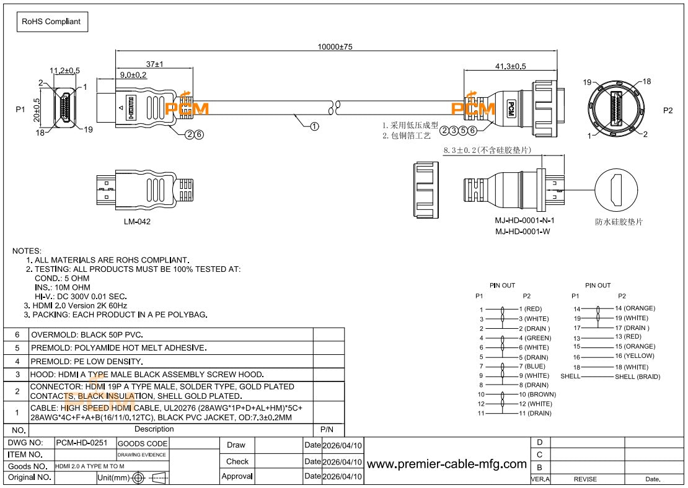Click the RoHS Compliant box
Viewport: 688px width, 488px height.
tap(52, 22)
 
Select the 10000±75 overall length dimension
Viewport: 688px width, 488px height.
tap(335, 46)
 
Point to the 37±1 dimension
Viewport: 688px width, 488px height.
tap(154, 64)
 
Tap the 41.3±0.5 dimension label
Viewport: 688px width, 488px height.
tap(510, 66)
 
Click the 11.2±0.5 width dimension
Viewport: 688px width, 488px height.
tap(64, 71)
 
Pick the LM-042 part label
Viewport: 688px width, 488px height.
tap(137, 222)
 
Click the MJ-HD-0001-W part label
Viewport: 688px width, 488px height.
tap(522, 232)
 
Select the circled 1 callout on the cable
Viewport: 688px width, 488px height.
tap(314, 126)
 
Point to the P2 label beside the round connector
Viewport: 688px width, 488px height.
tap(668, 110)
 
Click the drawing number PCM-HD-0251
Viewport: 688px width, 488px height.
tap(82, 443)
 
